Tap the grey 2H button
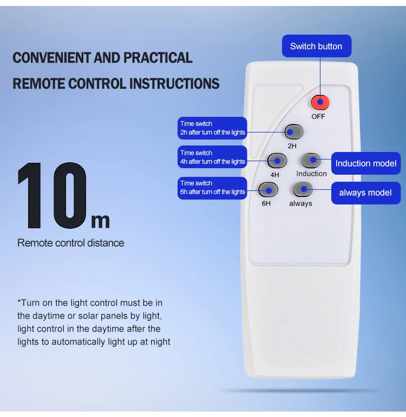[294, 131]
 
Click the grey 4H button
[277, 161]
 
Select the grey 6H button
[268, 190]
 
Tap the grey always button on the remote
[302, 189]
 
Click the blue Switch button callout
[317, 46]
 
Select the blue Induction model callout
[366, 163]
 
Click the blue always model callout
[366, 193]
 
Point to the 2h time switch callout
[212, 128]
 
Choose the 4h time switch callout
[212, 157]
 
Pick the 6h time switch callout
[212, 188]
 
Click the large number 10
[53, 195]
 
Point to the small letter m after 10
[100, 221]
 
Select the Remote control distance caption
[70, 243]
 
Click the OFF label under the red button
[318, 116]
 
